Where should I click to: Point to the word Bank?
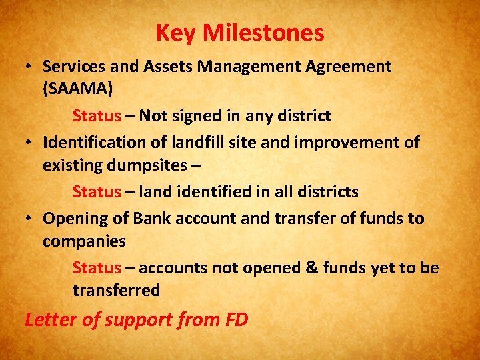pos(152,218)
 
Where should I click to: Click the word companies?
pos(84,240)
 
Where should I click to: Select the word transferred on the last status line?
pos(116,290)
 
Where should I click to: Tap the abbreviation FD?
pos(237,319)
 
